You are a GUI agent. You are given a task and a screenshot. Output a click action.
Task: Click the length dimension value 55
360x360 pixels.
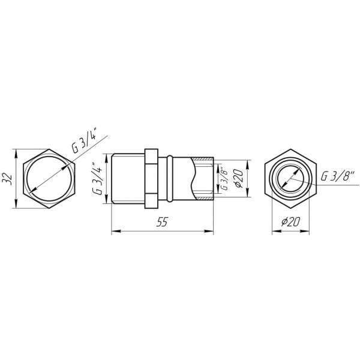pyautogui.click(x=161, y=223)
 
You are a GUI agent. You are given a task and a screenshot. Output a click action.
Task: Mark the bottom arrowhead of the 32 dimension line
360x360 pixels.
pyautogui.click(x=14, y=206)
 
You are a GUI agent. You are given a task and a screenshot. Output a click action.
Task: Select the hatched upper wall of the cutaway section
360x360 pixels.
pyautogui.click(x=204, y=159)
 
